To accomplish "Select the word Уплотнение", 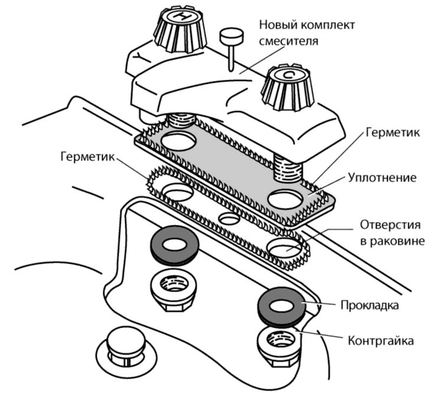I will click(382, 178).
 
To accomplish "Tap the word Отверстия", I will click(391, 225).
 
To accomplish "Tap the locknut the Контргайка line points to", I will click(280, 343).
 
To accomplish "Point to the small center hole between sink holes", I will click(229, 219).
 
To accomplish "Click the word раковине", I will click(390, 241).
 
